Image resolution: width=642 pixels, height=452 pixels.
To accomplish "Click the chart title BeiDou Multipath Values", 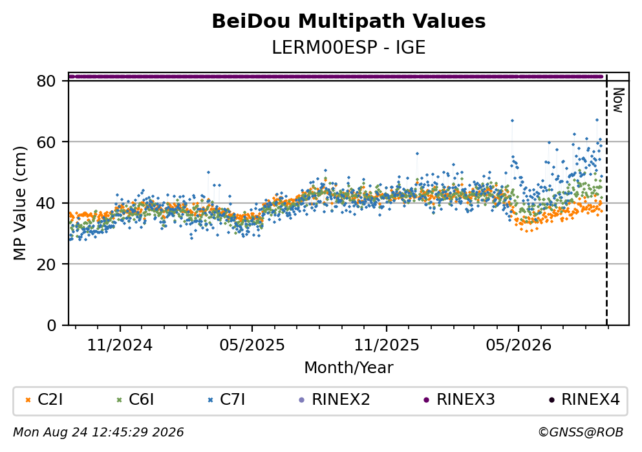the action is click(348, 21).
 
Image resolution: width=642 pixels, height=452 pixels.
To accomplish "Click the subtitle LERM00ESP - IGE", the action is click(348, 47).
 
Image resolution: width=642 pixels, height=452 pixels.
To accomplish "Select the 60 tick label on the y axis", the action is click(47, 142).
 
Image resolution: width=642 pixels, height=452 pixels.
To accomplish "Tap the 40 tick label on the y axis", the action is click(47, 203).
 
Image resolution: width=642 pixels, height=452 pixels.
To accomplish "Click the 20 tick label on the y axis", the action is click(47, 264).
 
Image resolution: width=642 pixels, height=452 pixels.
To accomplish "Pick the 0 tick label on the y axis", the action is click(52, 325).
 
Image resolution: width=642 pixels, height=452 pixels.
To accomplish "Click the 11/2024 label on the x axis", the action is click(120, 345).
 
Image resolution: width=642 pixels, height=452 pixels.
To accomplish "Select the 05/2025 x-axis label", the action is click(251, 345).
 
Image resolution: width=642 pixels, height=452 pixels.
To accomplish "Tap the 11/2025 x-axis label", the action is click(387, 345).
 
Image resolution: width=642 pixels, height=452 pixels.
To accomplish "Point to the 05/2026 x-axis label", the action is click(519, 345).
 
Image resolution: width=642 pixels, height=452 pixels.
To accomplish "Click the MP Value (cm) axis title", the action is click(19, 203).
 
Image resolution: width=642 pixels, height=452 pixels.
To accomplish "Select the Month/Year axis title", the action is click(348, 368).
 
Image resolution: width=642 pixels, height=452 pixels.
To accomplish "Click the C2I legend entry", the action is click(44, 400).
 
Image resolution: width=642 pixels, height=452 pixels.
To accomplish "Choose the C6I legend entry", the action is click(135, 400).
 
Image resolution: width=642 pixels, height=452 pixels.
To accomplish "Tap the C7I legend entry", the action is click(226, 400).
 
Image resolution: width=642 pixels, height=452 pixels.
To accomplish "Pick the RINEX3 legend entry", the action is click(459, 400).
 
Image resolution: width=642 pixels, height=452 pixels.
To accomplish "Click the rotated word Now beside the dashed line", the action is click(618, 100).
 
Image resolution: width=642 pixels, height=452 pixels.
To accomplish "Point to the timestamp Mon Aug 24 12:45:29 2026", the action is click(98, 433).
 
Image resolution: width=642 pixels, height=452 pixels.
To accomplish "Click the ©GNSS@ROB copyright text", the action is click(581, 433).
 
